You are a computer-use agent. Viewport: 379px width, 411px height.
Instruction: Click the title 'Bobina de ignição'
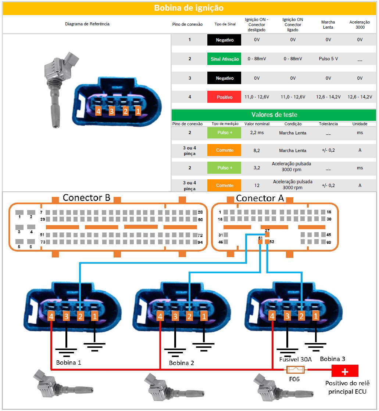tap(189, 8)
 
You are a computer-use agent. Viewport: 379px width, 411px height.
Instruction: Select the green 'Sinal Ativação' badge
tap(225, 59)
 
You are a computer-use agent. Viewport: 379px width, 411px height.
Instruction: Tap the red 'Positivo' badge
tap(224, 97)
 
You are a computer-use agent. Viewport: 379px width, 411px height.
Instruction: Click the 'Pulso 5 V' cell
tap(328, 59)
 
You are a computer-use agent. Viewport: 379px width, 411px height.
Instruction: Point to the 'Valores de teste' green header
tap(274, 115)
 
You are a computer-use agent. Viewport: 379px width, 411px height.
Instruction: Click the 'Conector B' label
tap(86, 198)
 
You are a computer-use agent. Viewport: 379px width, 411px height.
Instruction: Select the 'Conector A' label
tap(260, 198)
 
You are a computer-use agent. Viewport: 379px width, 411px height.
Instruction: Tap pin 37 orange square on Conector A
tap(267, 234)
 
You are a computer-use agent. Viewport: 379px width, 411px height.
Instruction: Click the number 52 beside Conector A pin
tap(272, 242)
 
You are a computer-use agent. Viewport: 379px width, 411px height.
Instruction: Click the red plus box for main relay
tap(345, 371)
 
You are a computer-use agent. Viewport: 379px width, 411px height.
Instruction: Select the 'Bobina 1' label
tap(68, 363)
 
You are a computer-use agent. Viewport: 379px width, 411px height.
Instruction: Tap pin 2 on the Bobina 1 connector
tap(81, 316)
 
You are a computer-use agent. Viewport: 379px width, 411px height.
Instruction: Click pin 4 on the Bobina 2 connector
tap(160, 316)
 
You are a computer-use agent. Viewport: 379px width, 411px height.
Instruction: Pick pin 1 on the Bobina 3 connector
tap(315, 316)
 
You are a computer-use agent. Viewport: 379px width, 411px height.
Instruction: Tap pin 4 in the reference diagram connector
tap(98, 111)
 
